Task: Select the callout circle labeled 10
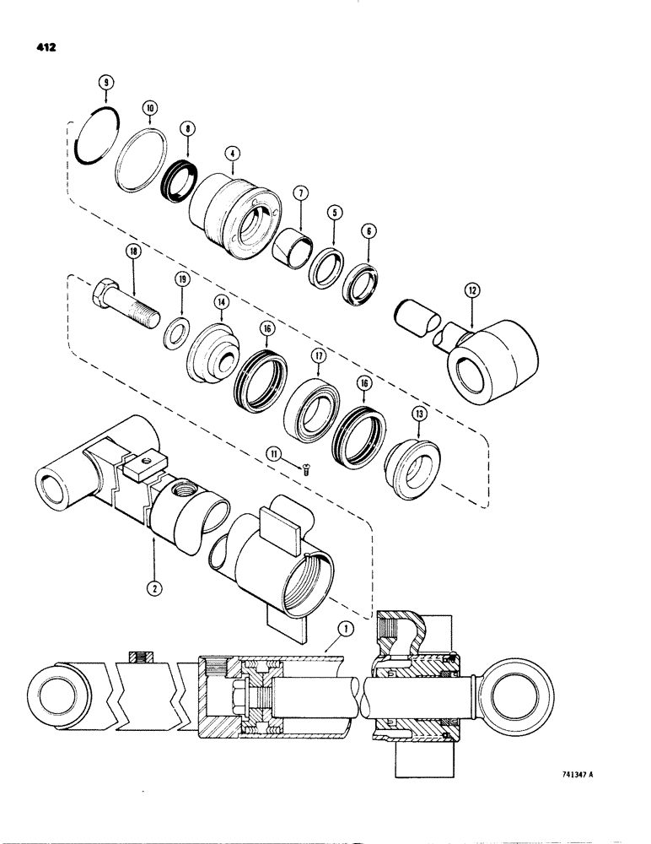point(148,108)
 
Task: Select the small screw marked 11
point(307,471)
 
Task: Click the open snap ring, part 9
point(94,132)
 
